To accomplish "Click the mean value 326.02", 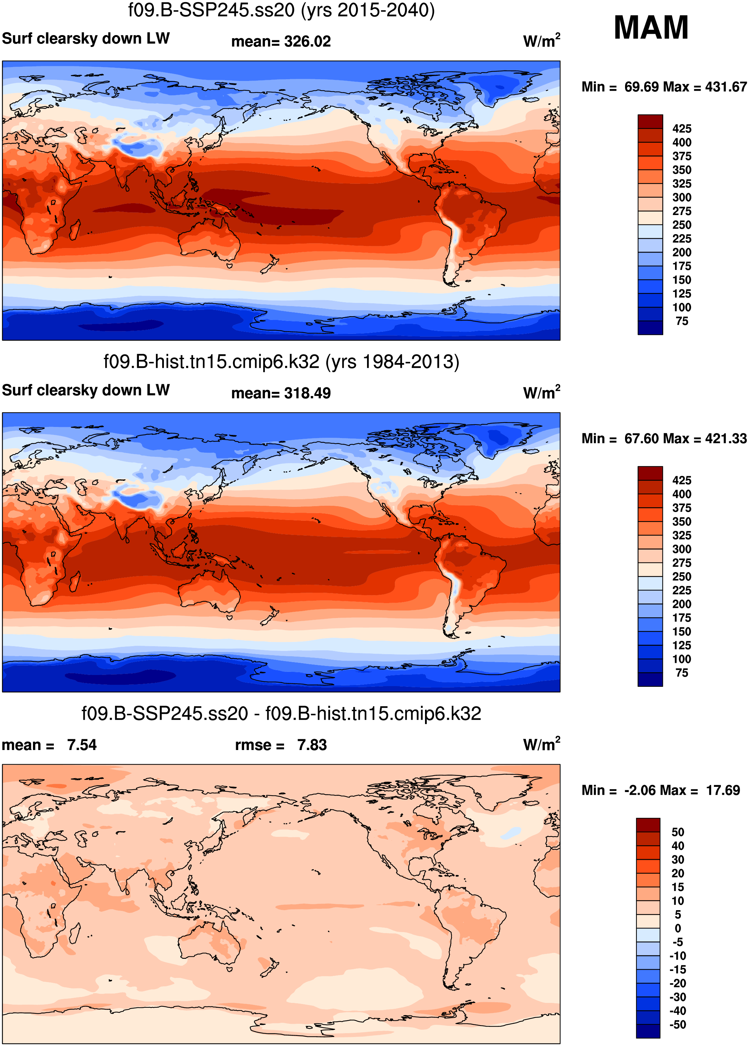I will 307,41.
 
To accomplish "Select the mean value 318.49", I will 307,393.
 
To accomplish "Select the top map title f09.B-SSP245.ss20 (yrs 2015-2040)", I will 281,10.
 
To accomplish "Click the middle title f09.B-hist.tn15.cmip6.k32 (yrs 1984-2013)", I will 281,362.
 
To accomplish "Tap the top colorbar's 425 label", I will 681,129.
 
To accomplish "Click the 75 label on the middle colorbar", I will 682,673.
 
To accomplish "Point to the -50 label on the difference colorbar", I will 677,1024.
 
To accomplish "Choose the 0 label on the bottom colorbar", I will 677,928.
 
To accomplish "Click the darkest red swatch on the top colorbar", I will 650,122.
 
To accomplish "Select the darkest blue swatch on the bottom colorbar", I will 648,1031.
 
